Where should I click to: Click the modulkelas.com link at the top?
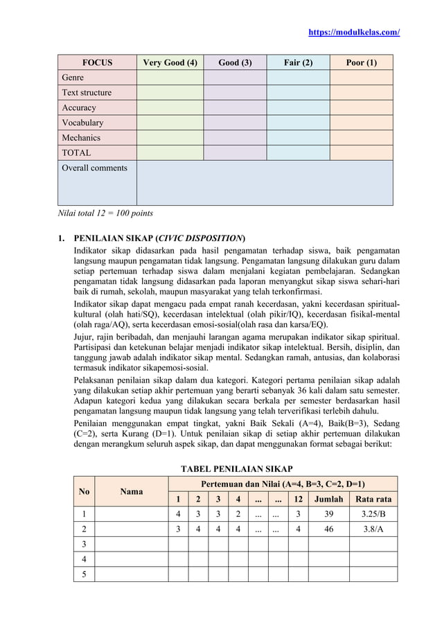(x=354, y=33)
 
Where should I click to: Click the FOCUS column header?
(x=97, y=62)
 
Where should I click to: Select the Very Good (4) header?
(x=170, y=62)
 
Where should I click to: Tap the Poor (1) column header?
(x=361, y=62)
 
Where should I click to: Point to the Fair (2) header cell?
(x=298, y=62)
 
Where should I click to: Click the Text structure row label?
(x=87, y=93)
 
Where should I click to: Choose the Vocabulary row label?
(x=82, y=123)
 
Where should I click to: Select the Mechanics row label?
(x=81, y=138)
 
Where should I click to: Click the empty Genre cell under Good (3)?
(x=235, y=78)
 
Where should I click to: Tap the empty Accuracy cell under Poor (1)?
(x=361, y=107)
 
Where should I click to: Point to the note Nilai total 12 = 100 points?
(x=105, y=213)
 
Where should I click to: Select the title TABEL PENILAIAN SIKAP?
(x=236, y=468)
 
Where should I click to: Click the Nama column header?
(x=132, y=491)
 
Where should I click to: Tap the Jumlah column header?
(x=328, y=500)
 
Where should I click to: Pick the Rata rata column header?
(x=373, y=500)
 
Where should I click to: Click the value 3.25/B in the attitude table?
(x=373, y=514)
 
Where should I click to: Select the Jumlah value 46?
(x=328, y=529)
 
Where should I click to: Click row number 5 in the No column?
(x=84, y=574)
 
